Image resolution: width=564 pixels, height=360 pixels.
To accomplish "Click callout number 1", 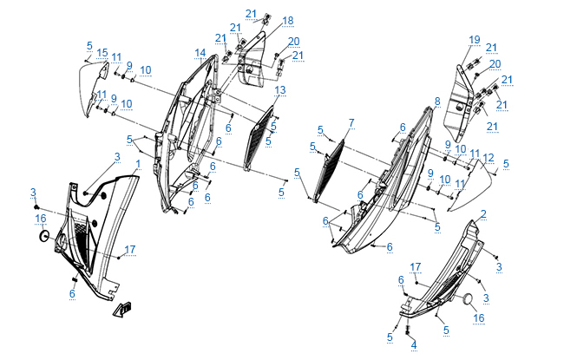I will click(137, 163).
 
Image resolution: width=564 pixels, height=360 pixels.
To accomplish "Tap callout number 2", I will click(483, 213).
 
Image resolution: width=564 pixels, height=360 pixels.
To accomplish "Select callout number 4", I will click(414, 344).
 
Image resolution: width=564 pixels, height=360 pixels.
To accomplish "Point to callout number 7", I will click(351, 122).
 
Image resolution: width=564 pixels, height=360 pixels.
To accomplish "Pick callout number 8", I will click(437, 101).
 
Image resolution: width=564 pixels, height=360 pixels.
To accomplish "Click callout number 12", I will click(489, 158).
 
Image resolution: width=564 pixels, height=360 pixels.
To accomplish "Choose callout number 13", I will click(280, 90).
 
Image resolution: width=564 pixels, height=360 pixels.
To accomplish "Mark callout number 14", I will click(200, 53).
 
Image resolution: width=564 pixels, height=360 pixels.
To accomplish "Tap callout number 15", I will click(102, 53).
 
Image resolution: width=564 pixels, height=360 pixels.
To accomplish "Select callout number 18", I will click(264, 20).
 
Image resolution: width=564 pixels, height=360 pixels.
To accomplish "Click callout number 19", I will click(475, 40).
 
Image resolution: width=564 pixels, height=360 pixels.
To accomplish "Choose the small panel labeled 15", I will click(91, 87).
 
